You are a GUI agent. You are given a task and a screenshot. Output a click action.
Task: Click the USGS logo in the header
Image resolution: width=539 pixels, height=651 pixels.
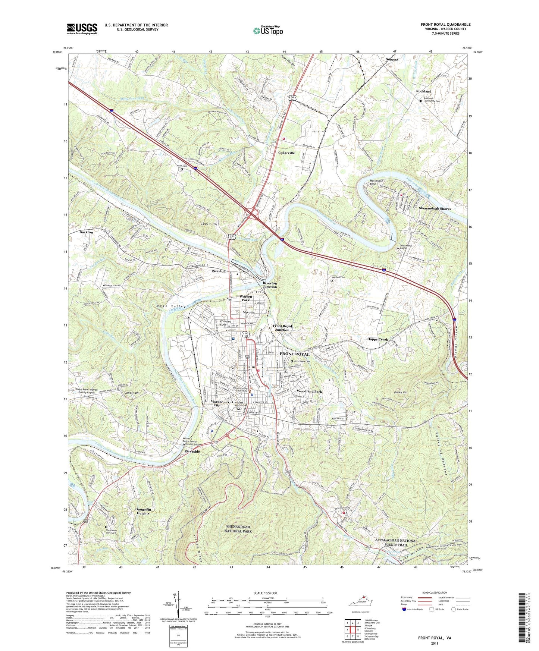pos(82,29)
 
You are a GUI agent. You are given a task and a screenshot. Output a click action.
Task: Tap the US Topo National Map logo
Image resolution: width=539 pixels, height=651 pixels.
pos(268,31)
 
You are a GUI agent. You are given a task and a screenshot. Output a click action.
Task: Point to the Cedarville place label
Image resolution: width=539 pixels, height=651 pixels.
pos(286,153)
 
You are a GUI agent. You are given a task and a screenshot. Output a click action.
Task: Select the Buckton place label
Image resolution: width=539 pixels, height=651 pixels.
pos(86,232)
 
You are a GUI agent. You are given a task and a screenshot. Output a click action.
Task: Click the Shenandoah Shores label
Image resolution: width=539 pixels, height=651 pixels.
pos(435,209)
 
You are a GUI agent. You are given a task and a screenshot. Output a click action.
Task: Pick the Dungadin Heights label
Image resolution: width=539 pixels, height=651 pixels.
pos(143,511)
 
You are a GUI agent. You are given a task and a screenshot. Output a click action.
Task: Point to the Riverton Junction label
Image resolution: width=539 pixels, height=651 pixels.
pos(270,285)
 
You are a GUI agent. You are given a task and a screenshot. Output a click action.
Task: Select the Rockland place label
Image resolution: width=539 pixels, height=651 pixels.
pos(423,91)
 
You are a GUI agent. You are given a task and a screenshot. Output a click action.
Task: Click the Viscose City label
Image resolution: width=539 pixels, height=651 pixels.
pos(217,403)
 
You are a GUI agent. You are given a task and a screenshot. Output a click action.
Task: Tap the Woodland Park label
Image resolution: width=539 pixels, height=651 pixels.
pos(309,391)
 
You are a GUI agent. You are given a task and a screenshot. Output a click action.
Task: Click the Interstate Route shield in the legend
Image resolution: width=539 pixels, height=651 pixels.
pos(404,609)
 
